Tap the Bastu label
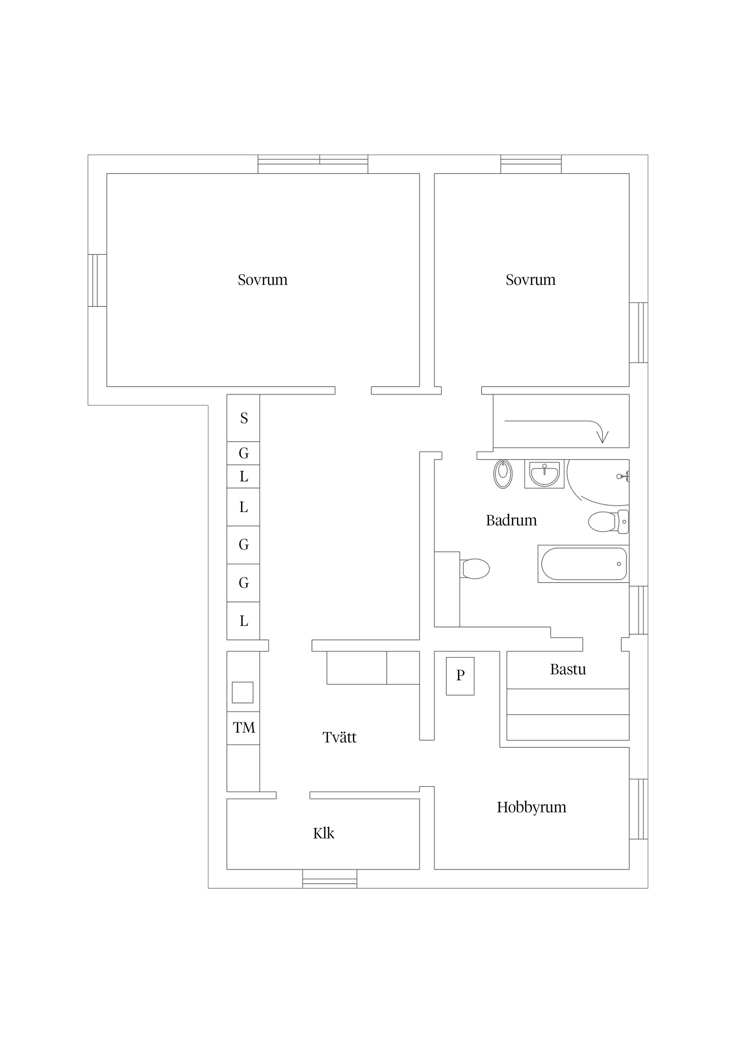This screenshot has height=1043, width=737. (568, 670)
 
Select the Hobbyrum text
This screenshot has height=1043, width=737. (532, 807)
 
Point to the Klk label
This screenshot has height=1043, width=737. (323, 833)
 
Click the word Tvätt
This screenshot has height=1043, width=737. (340, 737)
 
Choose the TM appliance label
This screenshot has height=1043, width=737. (244, 728)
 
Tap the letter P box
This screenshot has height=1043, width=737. (460, 675)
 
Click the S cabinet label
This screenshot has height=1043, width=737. (244, 418)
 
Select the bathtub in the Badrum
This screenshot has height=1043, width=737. (583, 564)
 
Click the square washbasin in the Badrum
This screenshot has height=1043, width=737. (544, 474)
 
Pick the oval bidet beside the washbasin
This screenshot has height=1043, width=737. (503, 474)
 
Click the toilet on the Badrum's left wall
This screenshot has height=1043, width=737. (475, 569)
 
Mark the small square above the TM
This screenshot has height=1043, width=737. (243, 692)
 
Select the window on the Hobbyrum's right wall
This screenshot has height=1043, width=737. (638, 809)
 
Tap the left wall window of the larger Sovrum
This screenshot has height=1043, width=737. (97, 280)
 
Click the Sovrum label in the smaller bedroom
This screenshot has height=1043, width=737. (530, 280)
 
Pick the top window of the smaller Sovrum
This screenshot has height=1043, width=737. (531, 164)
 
